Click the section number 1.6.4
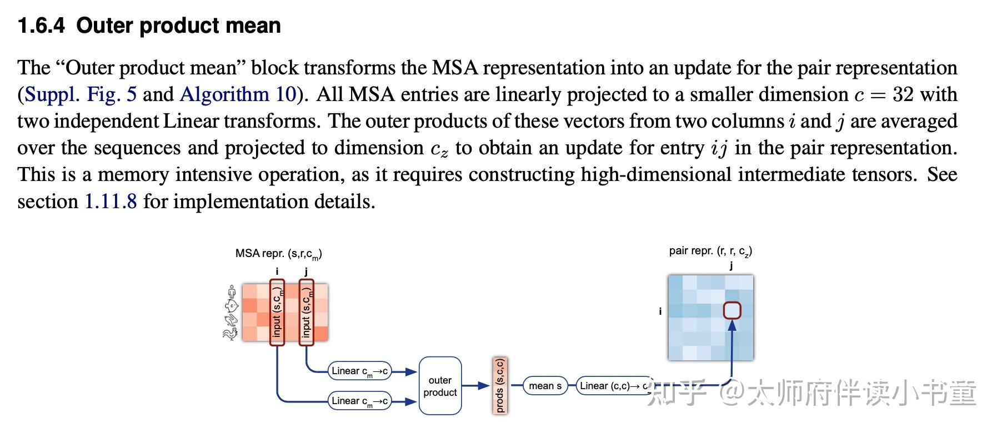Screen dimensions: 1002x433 coord(41,26)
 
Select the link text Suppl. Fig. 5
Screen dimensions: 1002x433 coord(81,94)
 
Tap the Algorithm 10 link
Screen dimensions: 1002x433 coord(238,94)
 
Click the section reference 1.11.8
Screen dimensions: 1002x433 coord(111,201)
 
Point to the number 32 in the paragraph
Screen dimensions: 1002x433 coord(903,94)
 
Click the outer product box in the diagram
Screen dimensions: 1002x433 coord(440,386)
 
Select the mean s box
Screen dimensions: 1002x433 coord(545,386)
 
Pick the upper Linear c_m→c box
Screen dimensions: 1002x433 coord(359,371)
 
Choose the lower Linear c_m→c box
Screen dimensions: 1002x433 coord(359,401)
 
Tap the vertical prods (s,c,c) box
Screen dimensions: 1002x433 coord(500,386)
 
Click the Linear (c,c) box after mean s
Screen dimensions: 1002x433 coord(613,386)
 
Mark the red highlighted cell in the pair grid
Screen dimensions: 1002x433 coord(732,310)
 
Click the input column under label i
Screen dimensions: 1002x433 coord(277,312)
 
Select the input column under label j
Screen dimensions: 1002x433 coord(306,312)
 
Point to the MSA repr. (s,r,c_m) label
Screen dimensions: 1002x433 coord(279,254)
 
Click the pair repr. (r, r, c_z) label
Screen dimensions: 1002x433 coord(710,251)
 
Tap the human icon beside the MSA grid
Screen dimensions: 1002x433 coord(232,292)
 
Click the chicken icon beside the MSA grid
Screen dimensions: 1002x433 coord(230,333)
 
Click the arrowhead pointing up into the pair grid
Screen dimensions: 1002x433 coord(732,325)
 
